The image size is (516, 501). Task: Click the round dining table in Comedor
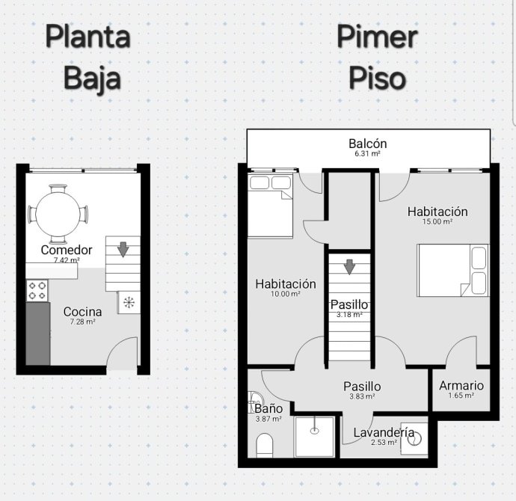58,214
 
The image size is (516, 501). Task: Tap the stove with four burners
37,291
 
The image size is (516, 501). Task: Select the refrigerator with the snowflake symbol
129,302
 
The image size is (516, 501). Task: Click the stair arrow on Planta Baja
123,249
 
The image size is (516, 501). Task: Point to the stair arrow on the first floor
349,267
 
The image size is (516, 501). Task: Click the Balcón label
368,144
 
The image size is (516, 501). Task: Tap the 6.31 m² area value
368,153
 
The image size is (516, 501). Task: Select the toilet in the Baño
264,445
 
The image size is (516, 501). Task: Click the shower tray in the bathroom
315,437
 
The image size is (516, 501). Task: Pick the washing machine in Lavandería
414,439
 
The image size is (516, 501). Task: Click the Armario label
461,386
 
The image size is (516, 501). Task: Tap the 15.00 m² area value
437,221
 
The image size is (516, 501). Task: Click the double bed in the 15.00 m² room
453,271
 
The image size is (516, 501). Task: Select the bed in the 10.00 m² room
270,206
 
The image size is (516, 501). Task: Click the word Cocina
82,312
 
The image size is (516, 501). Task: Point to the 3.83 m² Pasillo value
362,396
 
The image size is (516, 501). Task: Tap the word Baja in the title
93,79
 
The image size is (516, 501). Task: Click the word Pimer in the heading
377,37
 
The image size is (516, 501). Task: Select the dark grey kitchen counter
38,334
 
